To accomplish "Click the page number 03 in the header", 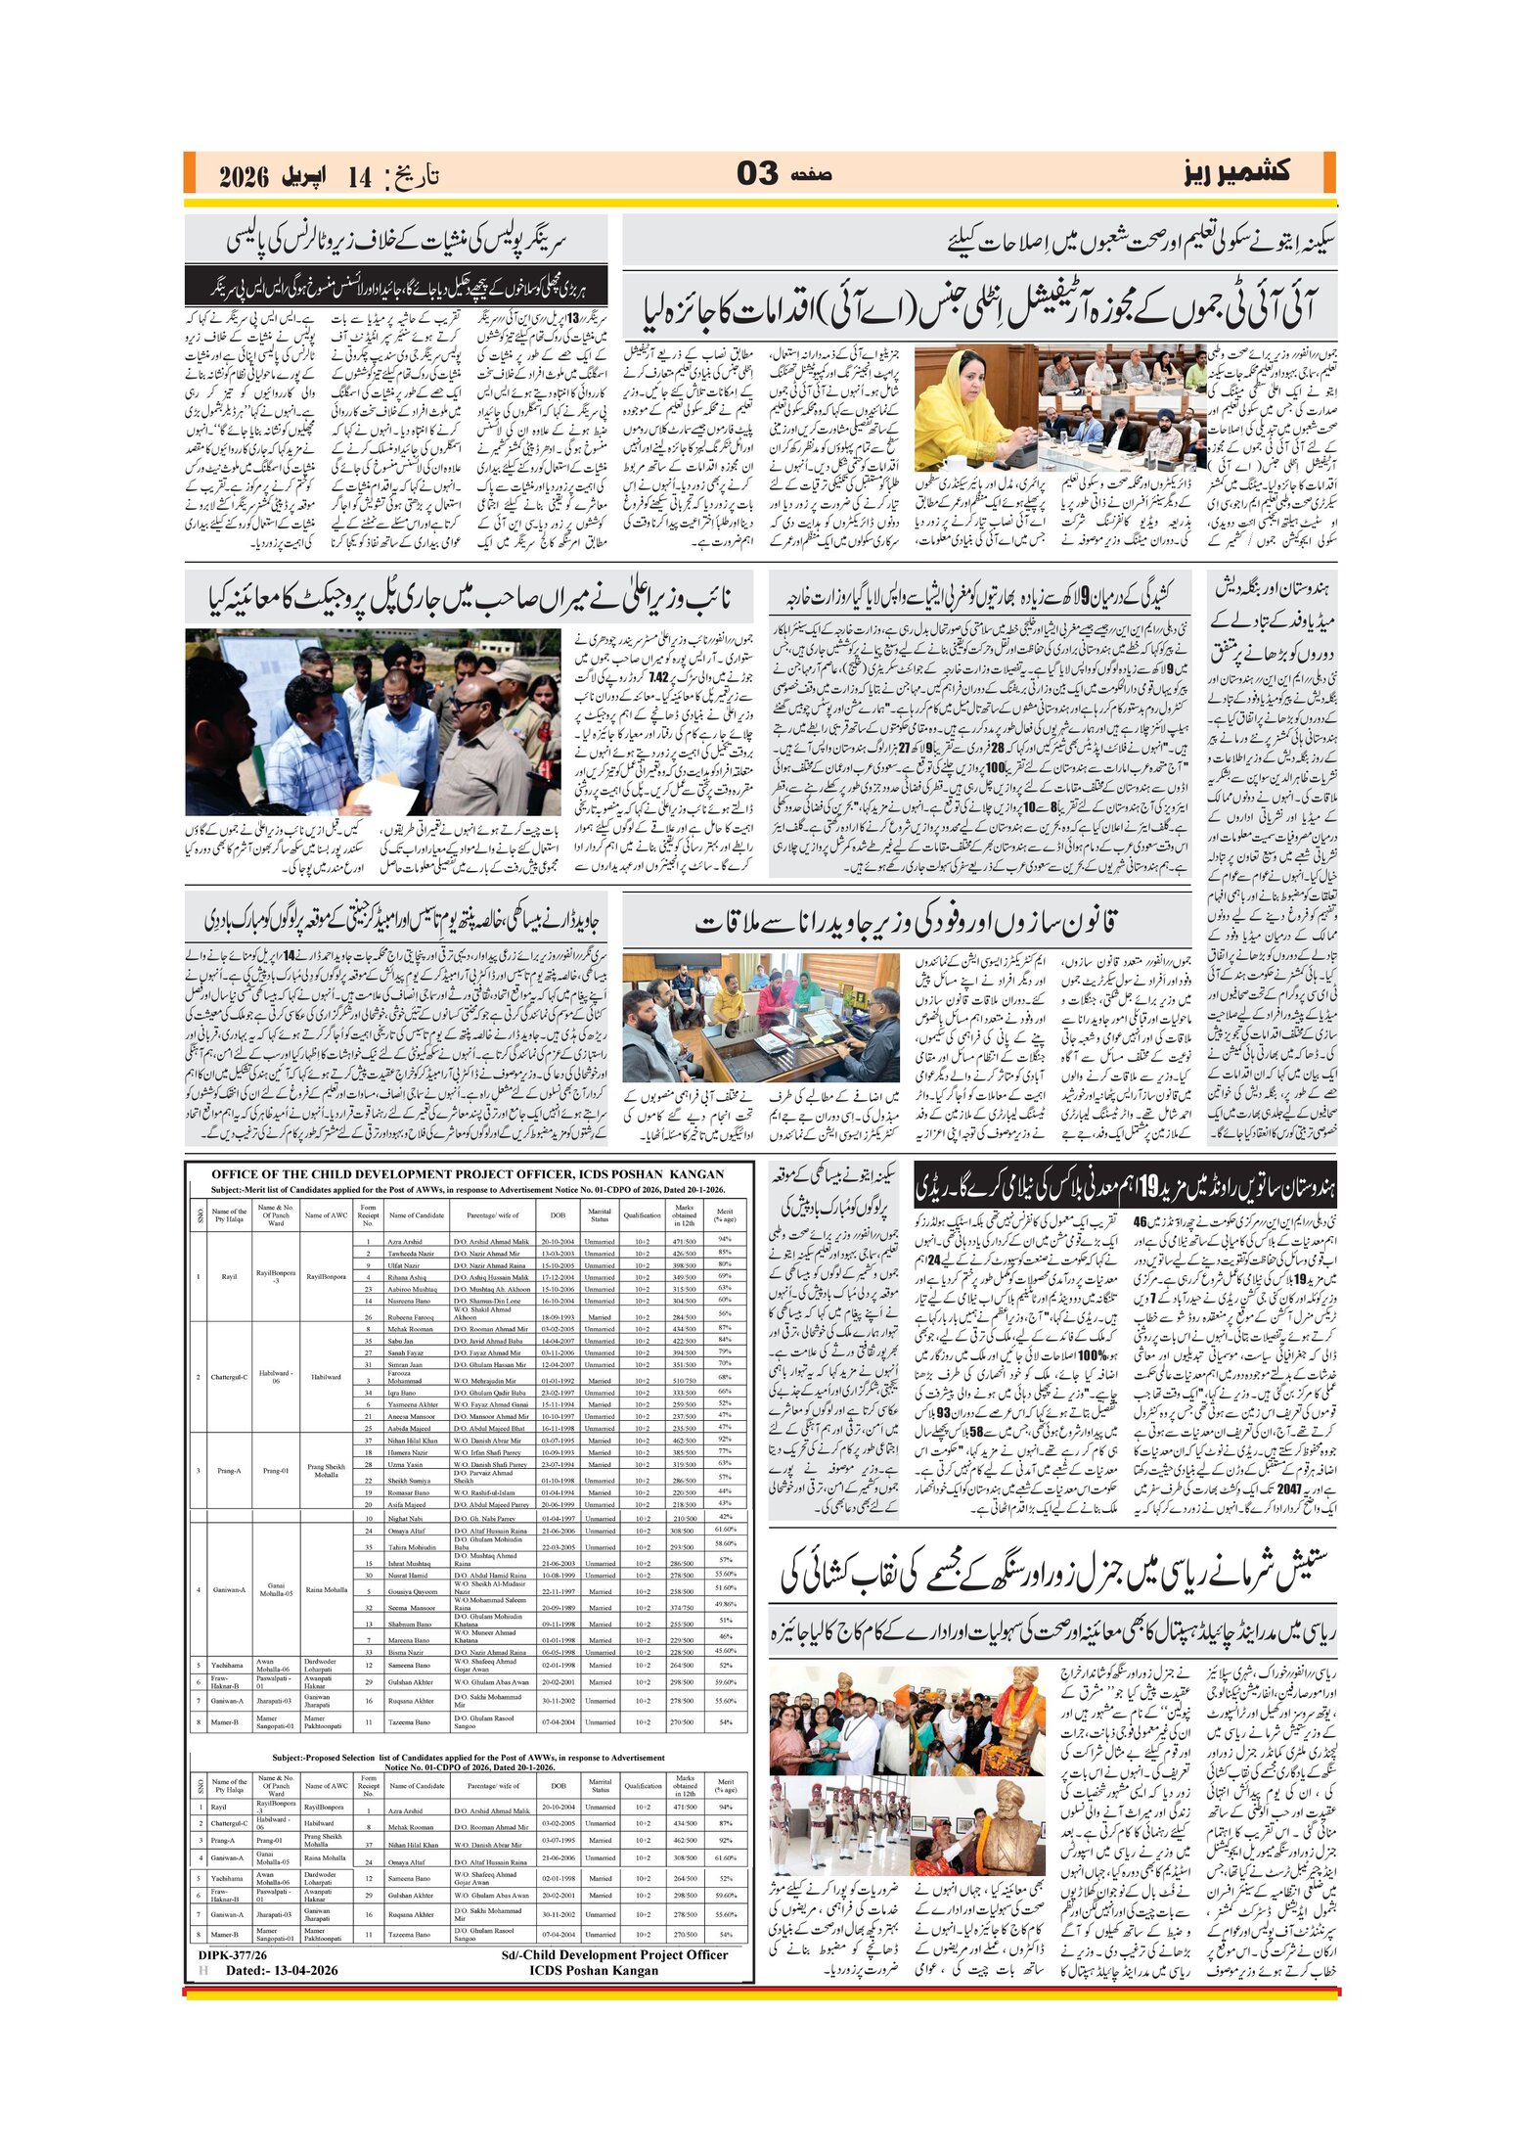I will pos(757,174).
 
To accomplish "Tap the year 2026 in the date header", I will pos(244,177).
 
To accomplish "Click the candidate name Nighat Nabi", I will pos(404,1518).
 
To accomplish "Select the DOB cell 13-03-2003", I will pos(558,1253).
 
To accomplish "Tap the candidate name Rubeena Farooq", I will pos(410,1316).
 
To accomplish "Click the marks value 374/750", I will pos(683,1607).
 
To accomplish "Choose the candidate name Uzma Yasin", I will pos(405,1464).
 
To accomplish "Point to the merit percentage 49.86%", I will pos(725,1604).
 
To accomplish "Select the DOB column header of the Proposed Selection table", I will pos(558,1785).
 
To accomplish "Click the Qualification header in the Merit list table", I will pos(642,1215).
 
